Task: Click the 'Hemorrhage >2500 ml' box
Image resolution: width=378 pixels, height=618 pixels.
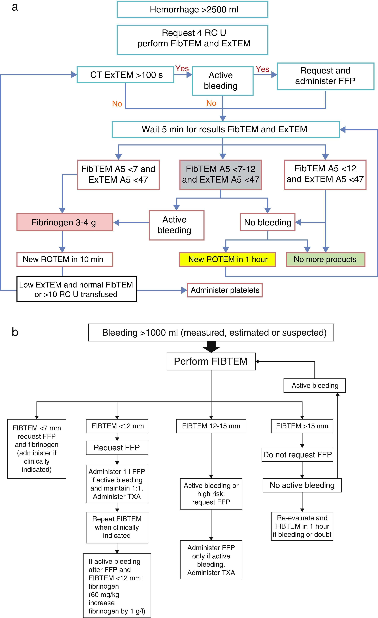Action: pos(192,10)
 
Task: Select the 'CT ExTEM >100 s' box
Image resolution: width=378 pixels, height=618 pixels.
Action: pos(125,75)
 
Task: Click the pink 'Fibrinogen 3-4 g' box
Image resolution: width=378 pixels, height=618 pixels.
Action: pos(65,222)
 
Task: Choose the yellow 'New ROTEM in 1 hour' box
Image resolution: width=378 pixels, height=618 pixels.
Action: pos(227,259)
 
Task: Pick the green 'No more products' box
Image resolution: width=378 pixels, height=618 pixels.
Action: pos(325,259)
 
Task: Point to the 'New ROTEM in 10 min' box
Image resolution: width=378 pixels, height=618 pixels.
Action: pos(65,259)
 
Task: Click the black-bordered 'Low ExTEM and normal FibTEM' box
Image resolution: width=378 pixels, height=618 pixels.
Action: pos(77,289)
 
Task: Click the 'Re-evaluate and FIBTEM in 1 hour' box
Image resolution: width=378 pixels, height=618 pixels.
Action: pos(302,526)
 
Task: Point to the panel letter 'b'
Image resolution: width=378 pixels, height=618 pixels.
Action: pos(15,332)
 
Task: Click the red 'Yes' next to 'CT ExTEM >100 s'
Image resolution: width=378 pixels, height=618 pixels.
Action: pos(182,69)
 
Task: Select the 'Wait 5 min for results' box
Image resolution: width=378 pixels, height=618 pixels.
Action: pos(226,129)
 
